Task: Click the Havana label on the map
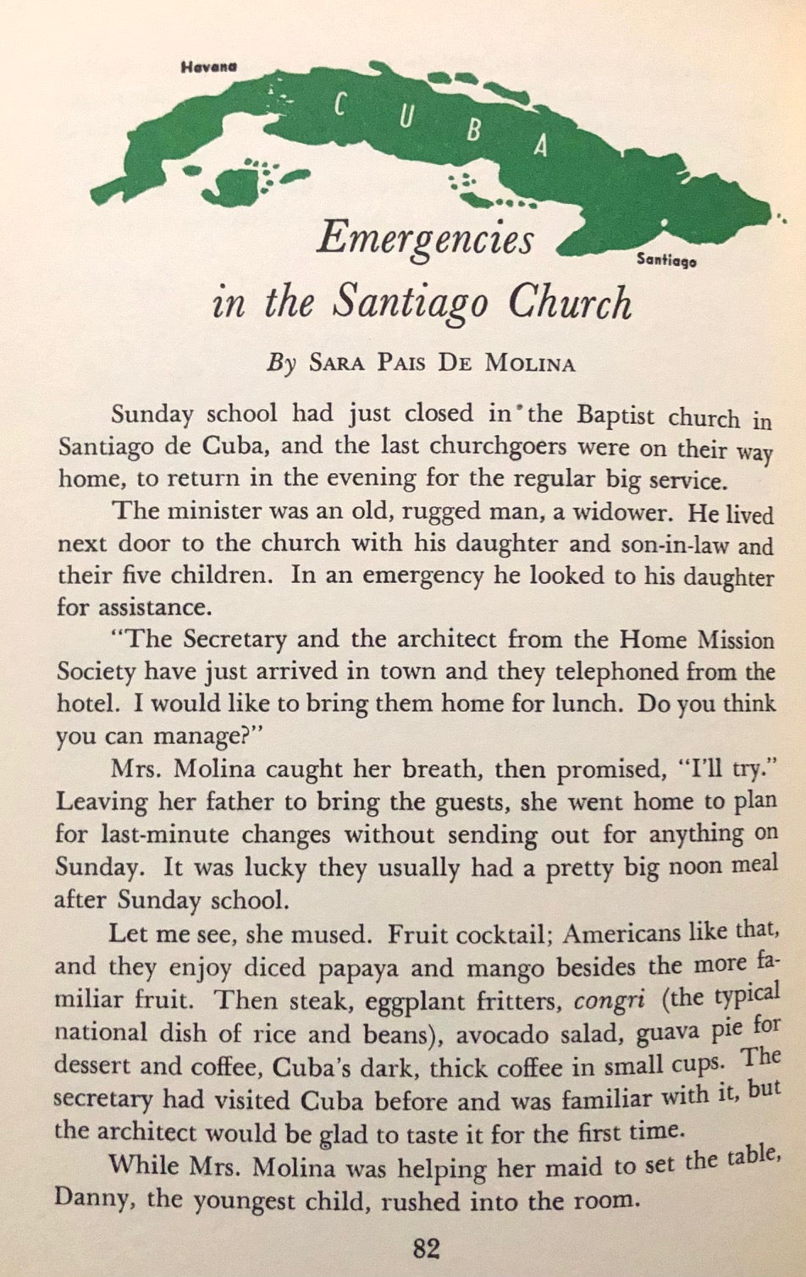click(x=207, y=67)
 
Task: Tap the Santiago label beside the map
click(x=666, y=261)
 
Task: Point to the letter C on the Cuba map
click(x=340, y=105)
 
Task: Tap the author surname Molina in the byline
click(x=530, y=364)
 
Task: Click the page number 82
click(x=426, y=1249)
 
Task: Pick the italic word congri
click(x=610, y=1001)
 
